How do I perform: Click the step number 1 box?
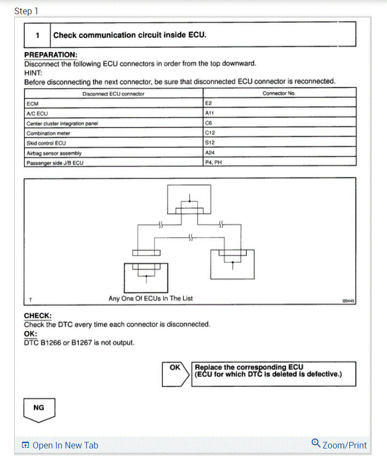[37, 35]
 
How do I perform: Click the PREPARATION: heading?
[50, 55]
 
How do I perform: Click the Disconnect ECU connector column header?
[113, 93]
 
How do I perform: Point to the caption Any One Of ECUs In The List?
[151, 298]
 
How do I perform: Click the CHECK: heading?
[38, 316]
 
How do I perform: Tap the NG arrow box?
[39, 409]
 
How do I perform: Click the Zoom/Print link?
[339, 445]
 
